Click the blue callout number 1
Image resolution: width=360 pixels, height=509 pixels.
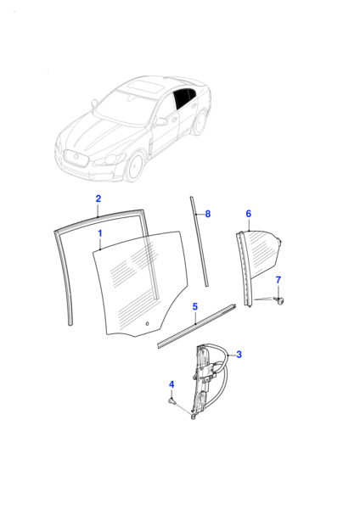(x=100, y=233)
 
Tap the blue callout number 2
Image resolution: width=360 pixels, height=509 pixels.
(x=98, y=199)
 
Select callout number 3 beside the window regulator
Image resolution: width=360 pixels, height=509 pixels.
(x=239, y=355)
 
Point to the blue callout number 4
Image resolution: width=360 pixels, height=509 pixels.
(x=172, y=384)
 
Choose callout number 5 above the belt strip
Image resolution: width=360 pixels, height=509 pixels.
(x=195, y=307)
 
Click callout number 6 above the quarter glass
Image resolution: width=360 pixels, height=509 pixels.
(x=249, y=214)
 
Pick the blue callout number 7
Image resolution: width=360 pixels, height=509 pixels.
(x=278, y=280)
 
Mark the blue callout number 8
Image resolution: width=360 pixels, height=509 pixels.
(x=208, y=215)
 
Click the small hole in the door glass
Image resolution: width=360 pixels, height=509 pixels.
(x=147, y=323)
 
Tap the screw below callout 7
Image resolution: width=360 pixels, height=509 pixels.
(x=278, y=300)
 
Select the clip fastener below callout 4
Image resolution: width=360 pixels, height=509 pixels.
(x=172, y=401)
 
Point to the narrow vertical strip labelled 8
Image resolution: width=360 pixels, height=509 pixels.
(x=200, y=241)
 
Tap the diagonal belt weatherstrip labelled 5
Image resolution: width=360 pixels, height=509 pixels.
(x=197, y=326)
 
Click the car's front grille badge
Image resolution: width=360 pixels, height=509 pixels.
(x=76, y=157)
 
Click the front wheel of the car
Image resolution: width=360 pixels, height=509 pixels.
(x=134, y=167)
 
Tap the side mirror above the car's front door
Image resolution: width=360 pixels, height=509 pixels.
(x=161, y=121)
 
